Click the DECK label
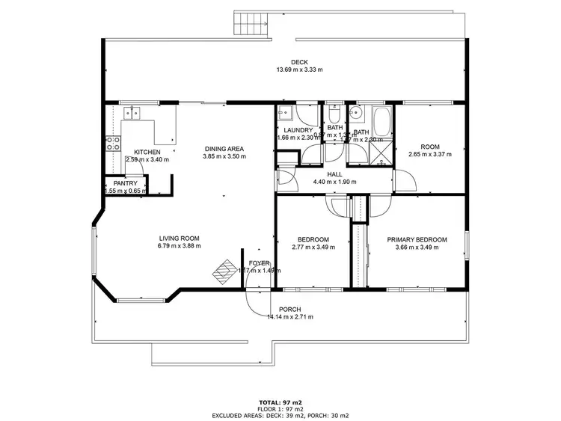click(298, 62)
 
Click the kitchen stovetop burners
click(112, 144)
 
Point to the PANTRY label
click(124, 183)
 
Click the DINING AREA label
click(225, 149)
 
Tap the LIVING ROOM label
click(179, 238)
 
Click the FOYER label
click(259, 262)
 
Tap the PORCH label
click(289, 309)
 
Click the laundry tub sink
click(285, 114)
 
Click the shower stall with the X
click(381, 153)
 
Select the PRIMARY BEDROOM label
click(417, 239)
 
